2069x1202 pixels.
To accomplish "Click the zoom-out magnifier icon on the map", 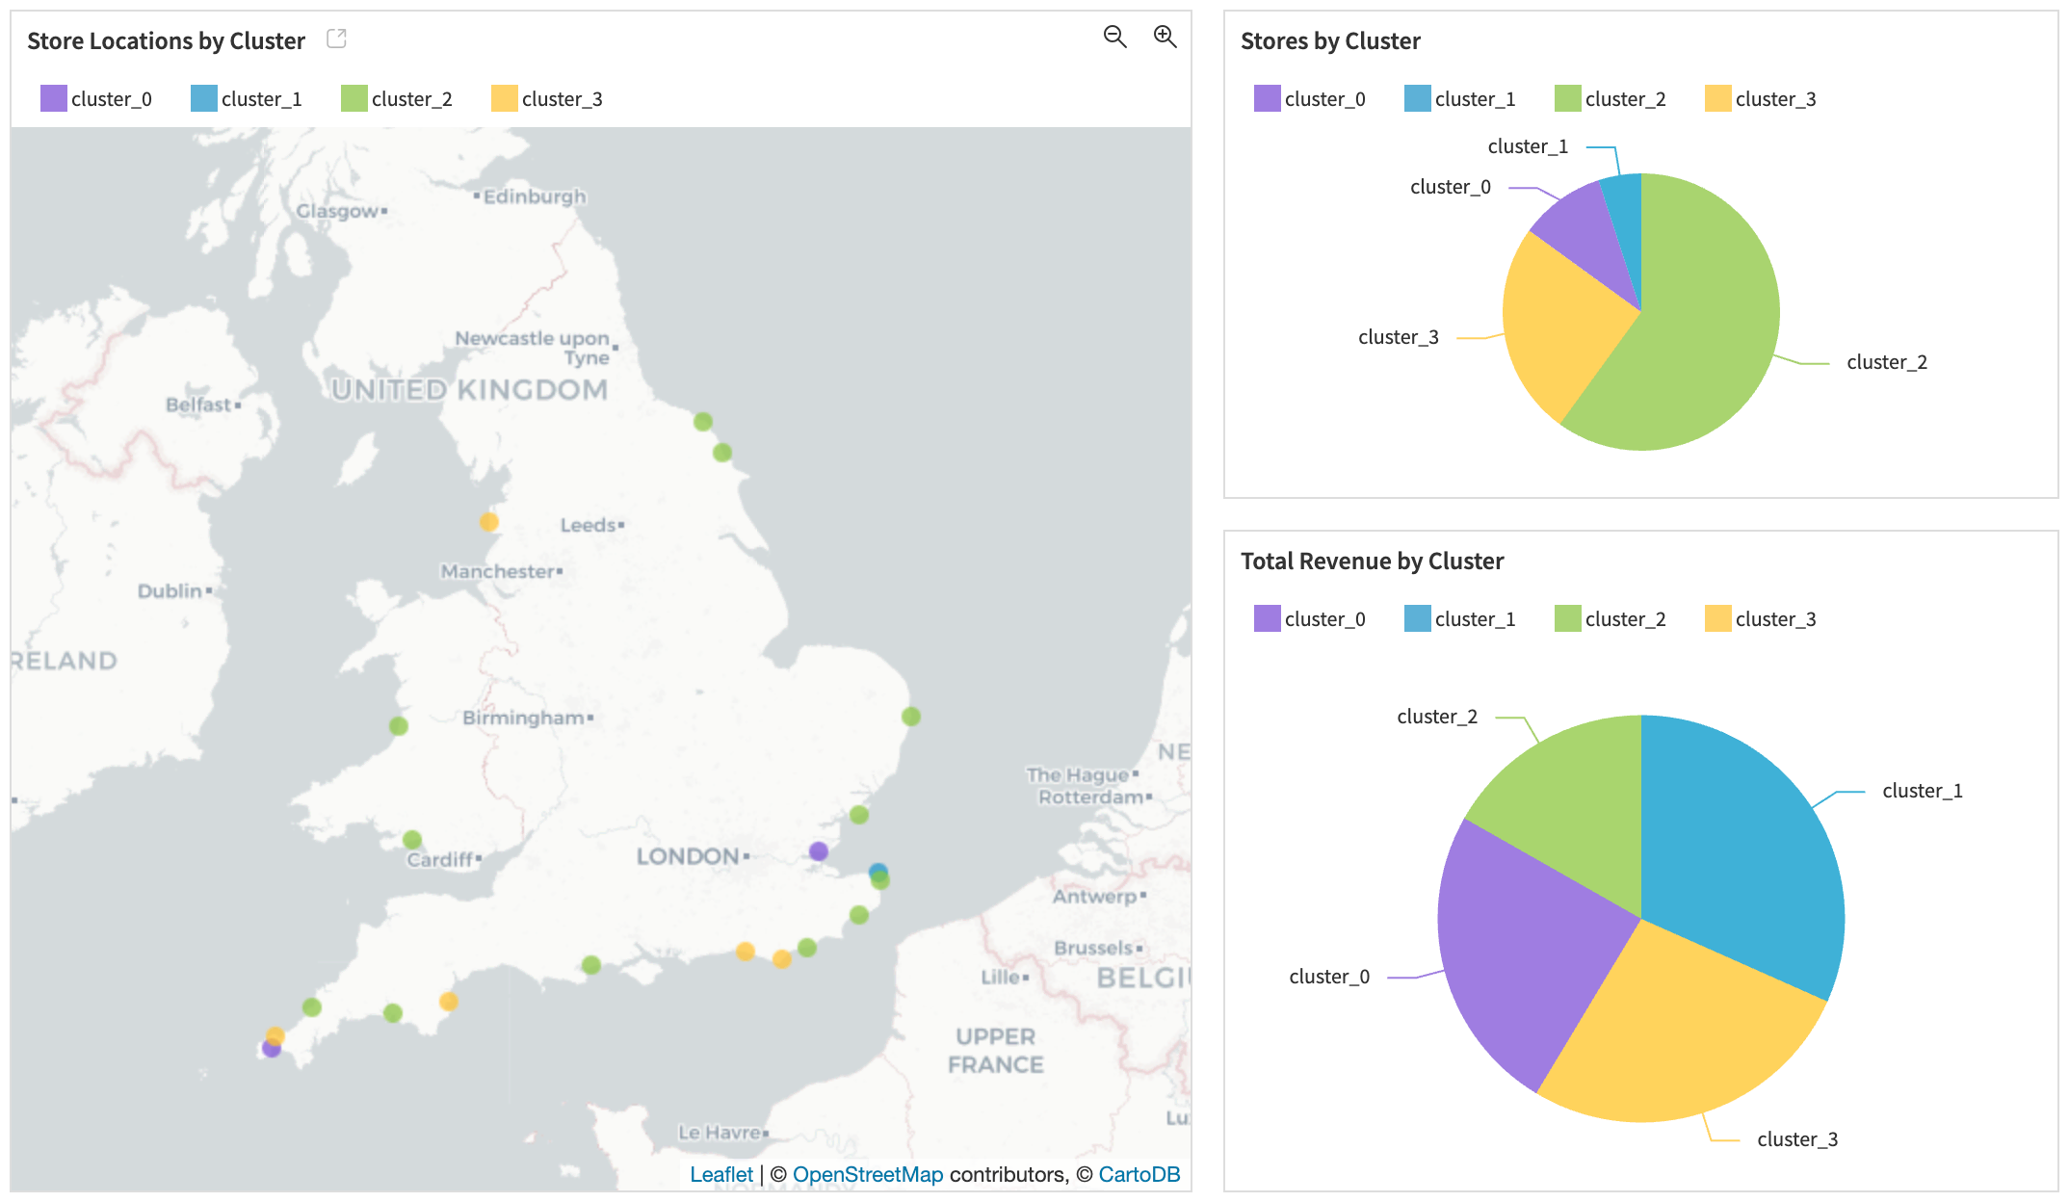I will (x=1114, y=37).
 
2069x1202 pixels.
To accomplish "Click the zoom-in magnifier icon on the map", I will (x=1165, y=37).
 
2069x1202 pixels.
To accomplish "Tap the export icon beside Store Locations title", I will (x=336, y=39).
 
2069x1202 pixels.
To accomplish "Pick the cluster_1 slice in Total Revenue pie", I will (x=1734, y=848).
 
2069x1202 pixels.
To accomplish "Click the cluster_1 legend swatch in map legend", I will (x=204, y=98).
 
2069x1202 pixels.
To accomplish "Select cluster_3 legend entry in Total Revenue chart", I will (x=1761, y=618).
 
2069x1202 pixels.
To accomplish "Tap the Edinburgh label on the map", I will (x=534, y=196).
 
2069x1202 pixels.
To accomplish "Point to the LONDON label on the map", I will (x=688, y=856).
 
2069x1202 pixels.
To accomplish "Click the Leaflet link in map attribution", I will (x=720, y=1174).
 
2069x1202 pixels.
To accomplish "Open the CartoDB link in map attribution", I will (x=1139, y=1174).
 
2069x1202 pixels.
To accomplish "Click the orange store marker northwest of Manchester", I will (x=489, y=522).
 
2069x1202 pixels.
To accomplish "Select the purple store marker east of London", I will (x=819, y=851).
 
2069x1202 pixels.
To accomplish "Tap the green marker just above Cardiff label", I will (x=412, y=840).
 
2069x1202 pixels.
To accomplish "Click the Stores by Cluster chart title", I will (x=1329, y=41).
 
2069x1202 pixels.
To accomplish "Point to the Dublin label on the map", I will (x=170, y=590).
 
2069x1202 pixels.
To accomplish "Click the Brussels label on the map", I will (x=1093, y=948).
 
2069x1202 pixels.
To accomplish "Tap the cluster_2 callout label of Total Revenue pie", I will (x=1436, y=717).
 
